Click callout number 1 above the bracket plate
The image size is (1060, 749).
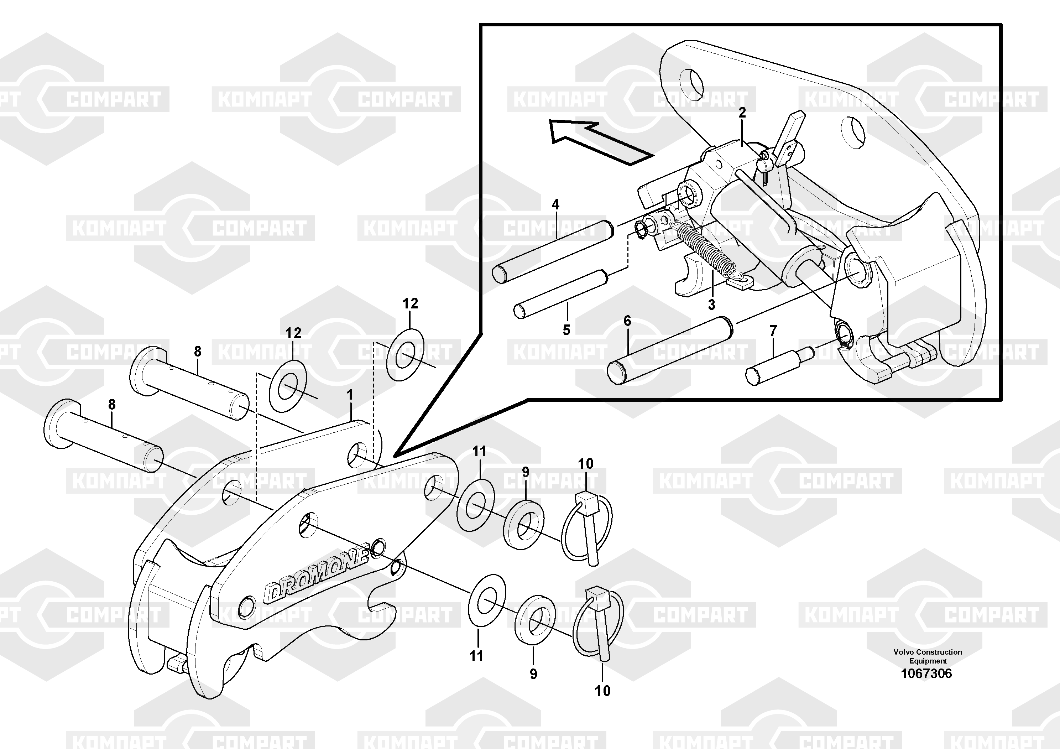coord(350,395)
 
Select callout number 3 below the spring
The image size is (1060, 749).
coord(711,305)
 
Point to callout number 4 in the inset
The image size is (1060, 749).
coord(555,204)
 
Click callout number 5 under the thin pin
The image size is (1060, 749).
coord(566,330)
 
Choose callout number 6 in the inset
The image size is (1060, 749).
coord(627,321)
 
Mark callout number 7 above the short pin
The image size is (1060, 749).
coord(773,331)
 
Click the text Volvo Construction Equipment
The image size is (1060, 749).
coord(928,656)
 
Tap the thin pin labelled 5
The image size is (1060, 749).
coord(561,294)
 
